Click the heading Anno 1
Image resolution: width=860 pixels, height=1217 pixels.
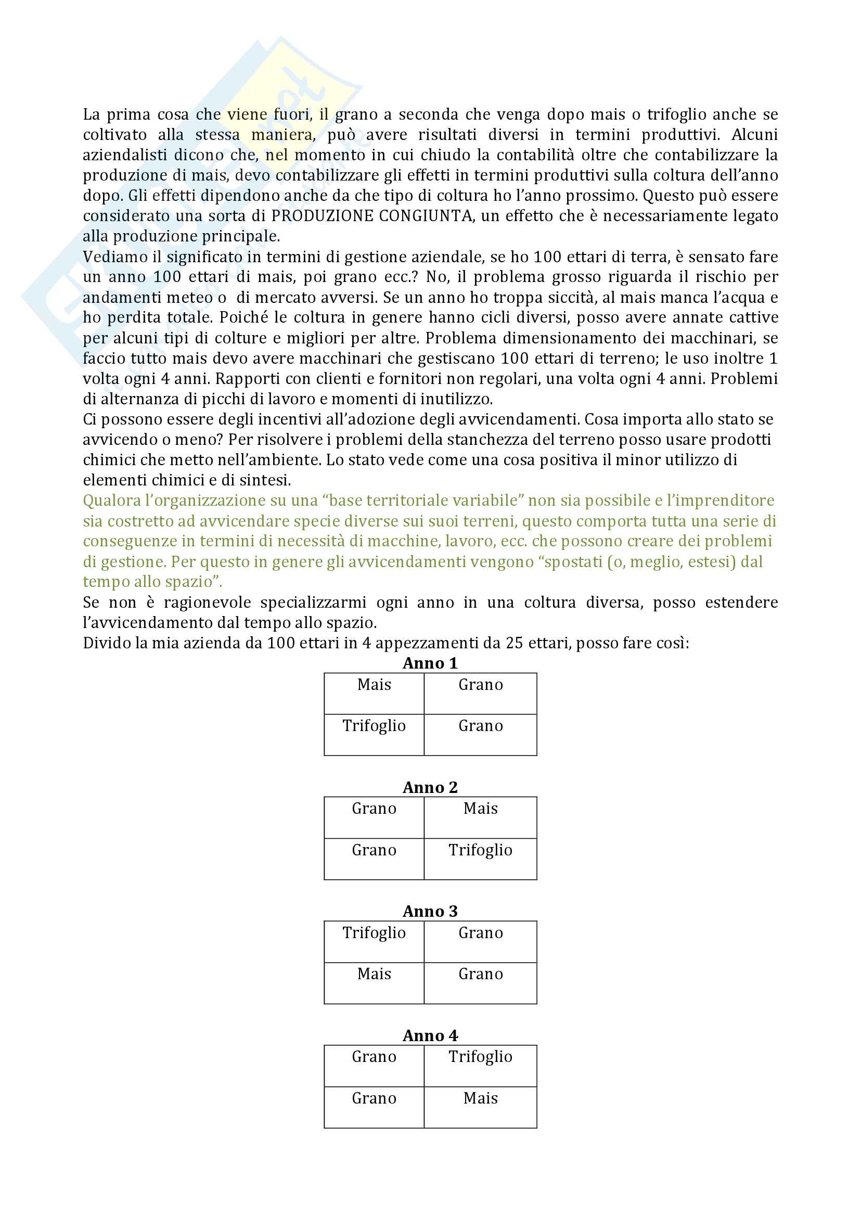click(430, 663)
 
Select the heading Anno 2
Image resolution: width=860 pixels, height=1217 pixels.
click(430, 787)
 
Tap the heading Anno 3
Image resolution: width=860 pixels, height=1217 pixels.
click(430, 911)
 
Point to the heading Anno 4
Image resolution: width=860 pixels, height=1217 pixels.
click(430, 1035)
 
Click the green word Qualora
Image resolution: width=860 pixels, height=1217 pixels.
click(111, 501)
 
